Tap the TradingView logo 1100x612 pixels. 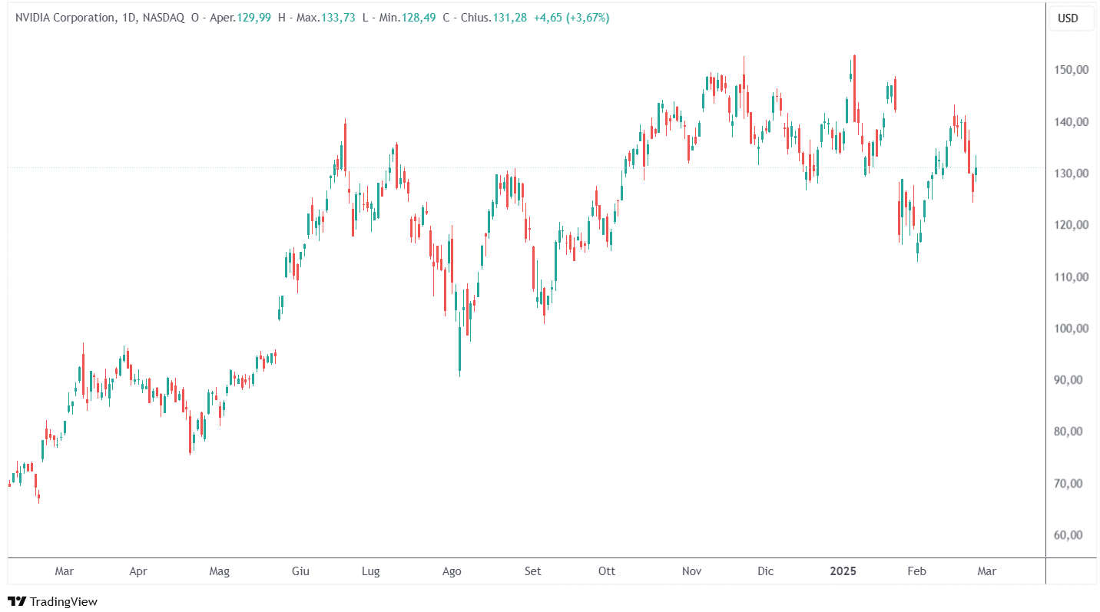(x=52, y=601)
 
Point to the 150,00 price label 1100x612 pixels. (x=1071, y=70)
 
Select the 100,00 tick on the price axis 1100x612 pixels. (x=1071, y=329)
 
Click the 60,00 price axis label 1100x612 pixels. (x=1071, y=535)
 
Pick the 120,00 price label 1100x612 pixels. (x=1071, y=225)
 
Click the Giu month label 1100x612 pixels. (x=300, y=571)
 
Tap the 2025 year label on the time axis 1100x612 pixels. (x=843, y=571)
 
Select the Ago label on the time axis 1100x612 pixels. (x=452, y=571)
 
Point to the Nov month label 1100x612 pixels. (x=692, y=571)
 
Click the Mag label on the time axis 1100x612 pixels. (x=220, y=571)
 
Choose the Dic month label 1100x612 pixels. (x=765, y=571)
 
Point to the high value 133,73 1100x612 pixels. (x=338, y=18)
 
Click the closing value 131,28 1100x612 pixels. (x=510, y=18)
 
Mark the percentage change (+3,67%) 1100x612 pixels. (x=588, y=18)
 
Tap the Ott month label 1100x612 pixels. (x=607, y=571)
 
